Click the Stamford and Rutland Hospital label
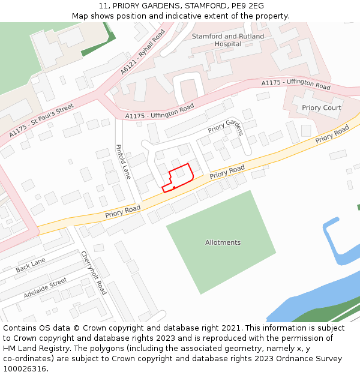click(227, 40)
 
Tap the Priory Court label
click(321, 108)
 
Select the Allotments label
click(223, 243)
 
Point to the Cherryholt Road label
click(94, 272)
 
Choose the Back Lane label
click(31, 265)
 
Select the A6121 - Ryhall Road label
click(142, 52)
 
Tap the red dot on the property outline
click(174, 188)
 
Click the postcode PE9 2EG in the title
click(247, 6)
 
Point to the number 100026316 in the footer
click(25, 369)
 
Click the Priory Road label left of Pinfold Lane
click(122, 211)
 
